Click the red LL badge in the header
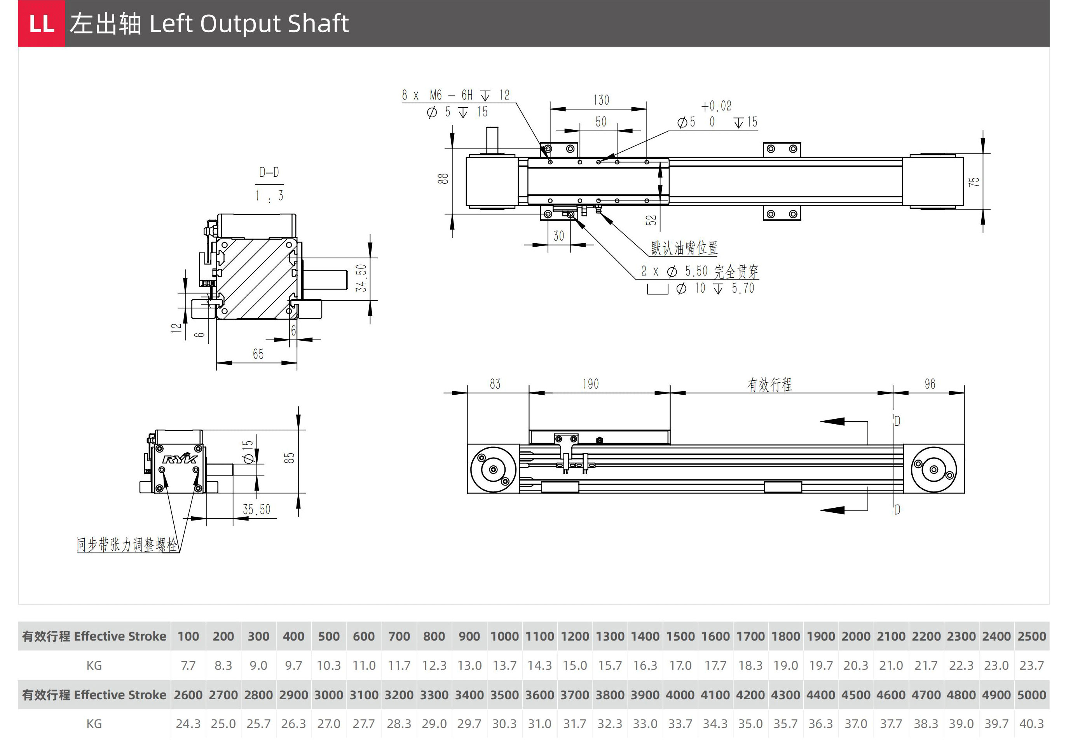42,23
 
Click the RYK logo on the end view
180,459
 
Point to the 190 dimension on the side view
591,384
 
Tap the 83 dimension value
495,384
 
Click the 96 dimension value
930,384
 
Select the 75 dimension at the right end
974,182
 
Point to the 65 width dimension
258,354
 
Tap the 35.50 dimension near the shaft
256,509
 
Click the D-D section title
269,172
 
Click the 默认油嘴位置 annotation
684,248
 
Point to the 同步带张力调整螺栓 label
127,545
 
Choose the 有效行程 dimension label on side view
769,385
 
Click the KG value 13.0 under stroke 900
469,665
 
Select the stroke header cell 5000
1031,695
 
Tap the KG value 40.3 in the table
1031,724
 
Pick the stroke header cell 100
188,636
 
